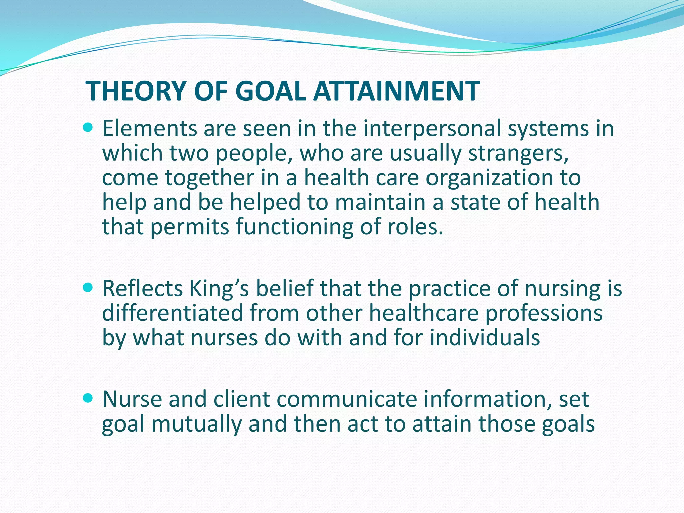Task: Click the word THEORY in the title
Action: pyautogui.click(x=136, y=91)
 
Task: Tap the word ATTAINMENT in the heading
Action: pyautogui.click(x=396, y=91)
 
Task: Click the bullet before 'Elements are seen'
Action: pyautogui.click(x=88, y=127)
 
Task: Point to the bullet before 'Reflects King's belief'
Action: pyautogui.click(x=88, y=287)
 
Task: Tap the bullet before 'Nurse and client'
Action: pyautogui.click(x=88, y=398)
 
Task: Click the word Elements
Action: pyautogui.click(x=149, y=128)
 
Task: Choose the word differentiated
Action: pyautogui.click(x=172, y=313)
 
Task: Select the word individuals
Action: pyautogui.click(x=485, y=337)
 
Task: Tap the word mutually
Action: pyautogui.click(x=196, y=424)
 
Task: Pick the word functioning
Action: pyautogui.click(x=294, y=227)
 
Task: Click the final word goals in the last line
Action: pyautogui.click(x=568, y=424)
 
